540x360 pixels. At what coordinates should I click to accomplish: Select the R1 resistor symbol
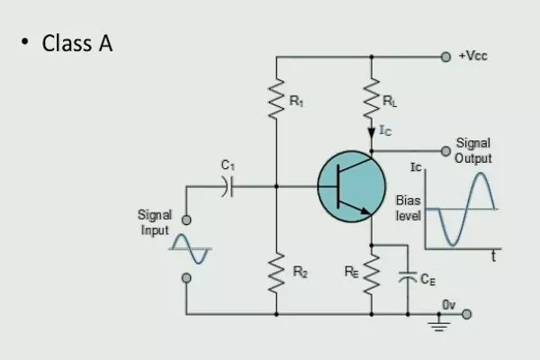pos(277,102)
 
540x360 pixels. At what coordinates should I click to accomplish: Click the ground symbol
pos(440,325)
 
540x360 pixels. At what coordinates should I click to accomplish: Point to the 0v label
pos(449,305)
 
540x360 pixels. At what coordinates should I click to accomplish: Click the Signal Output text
pos(473,151)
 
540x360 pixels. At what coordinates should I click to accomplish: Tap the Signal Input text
pos(154,221)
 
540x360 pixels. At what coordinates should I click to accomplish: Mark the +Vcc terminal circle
pos(445,56)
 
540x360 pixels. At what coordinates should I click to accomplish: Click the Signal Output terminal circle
pos(445,150)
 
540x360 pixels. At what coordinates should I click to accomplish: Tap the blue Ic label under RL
pos(385,131)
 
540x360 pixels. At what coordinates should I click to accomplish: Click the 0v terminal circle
pos(466,314)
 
